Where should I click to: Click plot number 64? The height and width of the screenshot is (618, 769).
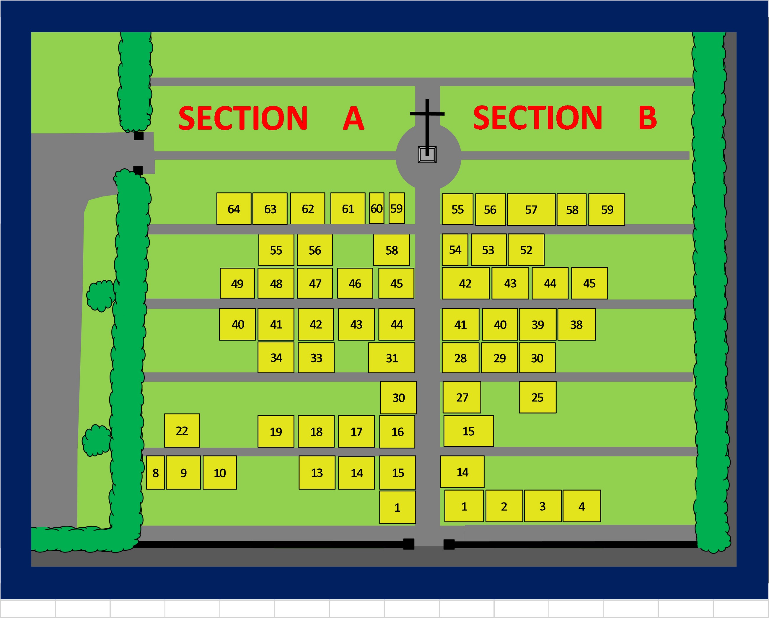pos(234,209)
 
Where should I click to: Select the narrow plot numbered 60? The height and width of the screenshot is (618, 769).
pos(376,208)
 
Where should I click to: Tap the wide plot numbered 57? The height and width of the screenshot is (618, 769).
pos(531,209)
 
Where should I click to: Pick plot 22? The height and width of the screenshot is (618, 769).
pos(182,431)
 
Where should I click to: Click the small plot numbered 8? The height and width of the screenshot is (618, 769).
pos(156,473)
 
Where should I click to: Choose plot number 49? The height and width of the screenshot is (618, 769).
pos(237,283)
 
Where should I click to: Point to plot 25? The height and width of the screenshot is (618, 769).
pos(537,397)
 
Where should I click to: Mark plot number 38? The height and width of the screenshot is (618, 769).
pos(576,324)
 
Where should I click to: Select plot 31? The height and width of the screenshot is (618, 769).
pos(391,358)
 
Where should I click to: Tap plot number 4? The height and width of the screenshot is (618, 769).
pos(581,506)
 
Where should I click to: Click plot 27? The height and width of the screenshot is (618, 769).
pos(462,397)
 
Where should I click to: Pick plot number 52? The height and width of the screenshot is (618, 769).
pos(526,250)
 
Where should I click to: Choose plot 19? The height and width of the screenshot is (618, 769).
pos(276,431)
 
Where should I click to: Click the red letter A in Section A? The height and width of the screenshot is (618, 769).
pos(353,118)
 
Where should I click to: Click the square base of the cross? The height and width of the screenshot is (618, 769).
pos(427,155)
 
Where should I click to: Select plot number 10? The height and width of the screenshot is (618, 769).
pos(220,473)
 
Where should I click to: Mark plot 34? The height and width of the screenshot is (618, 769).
pos(276,357)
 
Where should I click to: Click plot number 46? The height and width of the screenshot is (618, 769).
pos(355,283)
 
